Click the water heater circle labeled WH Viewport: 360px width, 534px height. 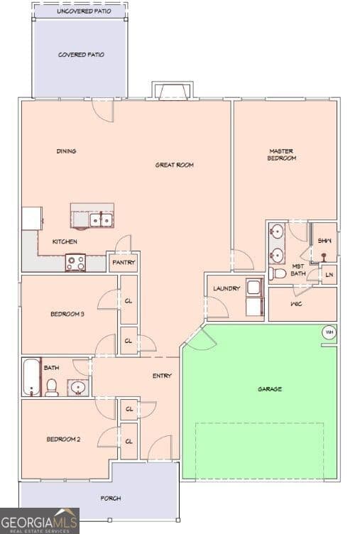pyautogui.click(x=329, y=332)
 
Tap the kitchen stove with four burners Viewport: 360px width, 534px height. pyautogui.click(x=75, y=263)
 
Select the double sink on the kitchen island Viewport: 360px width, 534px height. pyautogui.click(x=101, y=220)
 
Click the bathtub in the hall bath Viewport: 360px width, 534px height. pyautogui.click(x=31, y=377)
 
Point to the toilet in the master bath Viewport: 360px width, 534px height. pyautogui.click(x=277, y=273)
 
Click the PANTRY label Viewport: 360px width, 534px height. pyautogui.click(x=124, y=263)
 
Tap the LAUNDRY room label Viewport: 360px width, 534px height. pyautogui.click(x=227, y=288)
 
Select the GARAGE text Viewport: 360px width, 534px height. pyautogui.click(x=270, y=389)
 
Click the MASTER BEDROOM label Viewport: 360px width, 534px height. pyautogui.click(x=281, y=155)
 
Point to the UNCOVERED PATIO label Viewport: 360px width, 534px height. pyautogui.click(x=84, y=11)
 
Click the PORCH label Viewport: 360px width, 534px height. pyautogui.click(x=111, y=498)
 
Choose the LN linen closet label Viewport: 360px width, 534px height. pyautogui.click(x=329, y=275)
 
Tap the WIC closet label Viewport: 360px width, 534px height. pyautogui.click(x=296, y=304)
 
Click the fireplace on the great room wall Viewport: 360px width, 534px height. pyautogui.click(x=173, y=91)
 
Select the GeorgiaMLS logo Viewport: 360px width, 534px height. pyautogui.click(x=40, y=521)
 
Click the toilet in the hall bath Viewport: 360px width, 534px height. pyautogui.click(x=51, y=388)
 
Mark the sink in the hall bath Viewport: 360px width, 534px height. pyautogui.click(x=78, y=388)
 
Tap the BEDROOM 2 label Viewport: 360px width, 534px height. pyautogui.click(x=63, y=440)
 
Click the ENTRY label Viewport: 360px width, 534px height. pyautogui.click(x=162, y=376)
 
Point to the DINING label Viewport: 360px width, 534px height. pyautogui.click(x=66, y=151)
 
